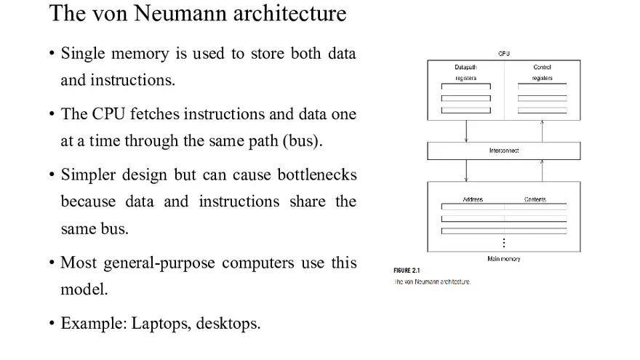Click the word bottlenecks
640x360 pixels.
tap(316, 175)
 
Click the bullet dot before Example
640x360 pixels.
tap(52, 324)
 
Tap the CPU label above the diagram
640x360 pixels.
tap(504, 54)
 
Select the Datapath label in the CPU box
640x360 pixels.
tap(465, 67)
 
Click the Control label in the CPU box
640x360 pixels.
tap(542, 67)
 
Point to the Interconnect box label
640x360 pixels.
tap(504, 151)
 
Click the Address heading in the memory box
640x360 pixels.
tap(473, 199)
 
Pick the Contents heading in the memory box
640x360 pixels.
tap(535, 199)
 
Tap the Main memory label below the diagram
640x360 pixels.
tap(503, 259)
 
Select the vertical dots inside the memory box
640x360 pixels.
tap(503, 242)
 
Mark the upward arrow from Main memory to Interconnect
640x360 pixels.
tap(542, 170)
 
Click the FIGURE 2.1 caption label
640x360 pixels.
tap(407, 271)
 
